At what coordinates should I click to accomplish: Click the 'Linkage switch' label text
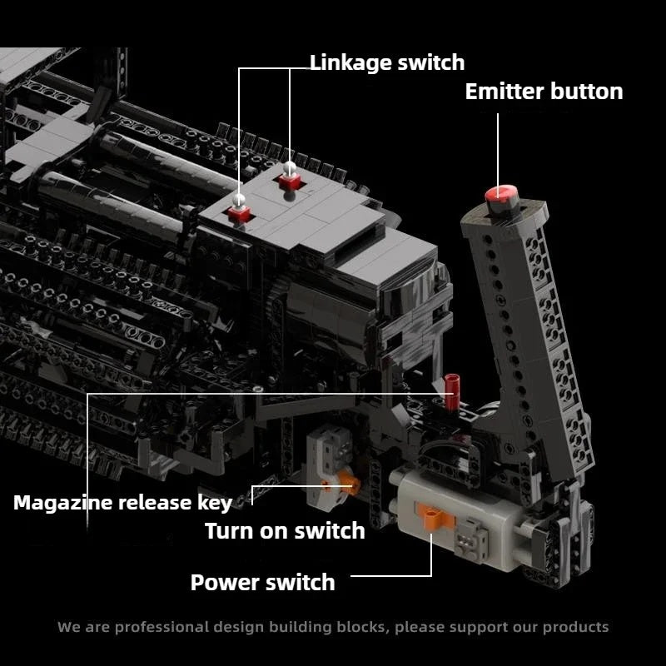[387, 64]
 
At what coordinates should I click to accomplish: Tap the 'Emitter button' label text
[544, 92]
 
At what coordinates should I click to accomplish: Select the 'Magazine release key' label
[122, 504]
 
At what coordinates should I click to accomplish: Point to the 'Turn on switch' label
[285, 531]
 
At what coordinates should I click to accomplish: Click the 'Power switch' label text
[262, 582]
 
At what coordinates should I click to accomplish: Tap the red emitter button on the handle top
[502, 194]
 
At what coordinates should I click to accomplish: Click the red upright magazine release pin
[451, 391]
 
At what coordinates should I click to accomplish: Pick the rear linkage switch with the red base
[290, 181]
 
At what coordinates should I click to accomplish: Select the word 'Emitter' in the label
[504, 92]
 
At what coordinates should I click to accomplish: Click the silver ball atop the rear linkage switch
[290, 168]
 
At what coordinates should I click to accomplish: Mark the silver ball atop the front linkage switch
[239, 200]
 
